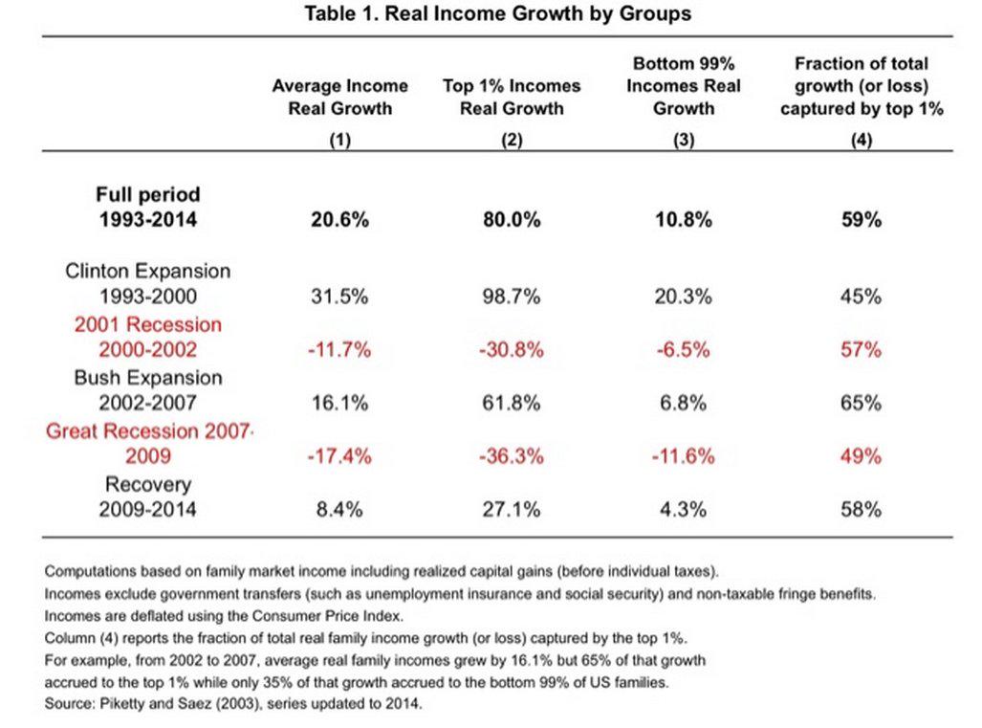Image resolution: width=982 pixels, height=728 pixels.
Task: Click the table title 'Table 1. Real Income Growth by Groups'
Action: [x=498, y=13]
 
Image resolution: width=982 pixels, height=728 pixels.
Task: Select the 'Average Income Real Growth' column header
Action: [x=340, y=98]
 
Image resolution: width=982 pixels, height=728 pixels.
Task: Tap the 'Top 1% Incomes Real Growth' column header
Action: [x=512, y=98]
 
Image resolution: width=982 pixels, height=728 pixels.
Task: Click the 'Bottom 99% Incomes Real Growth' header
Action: [x=684, y=86]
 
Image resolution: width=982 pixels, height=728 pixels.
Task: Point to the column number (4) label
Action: [x=862, y=139]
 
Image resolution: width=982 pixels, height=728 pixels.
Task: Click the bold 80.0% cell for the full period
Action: [x=512, y=220]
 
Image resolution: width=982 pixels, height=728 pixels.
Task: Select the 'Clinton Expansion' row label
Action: [x=148, y=271]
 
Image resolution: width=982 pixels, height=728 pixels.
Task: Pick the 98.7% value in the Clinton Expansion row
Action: [x=512, y=297]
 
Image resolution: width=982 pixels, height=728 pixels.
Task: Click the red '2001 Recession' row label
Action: [x=148, y=324]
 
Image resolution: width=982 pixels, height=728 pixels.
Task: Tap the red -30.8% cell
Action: [x=512, y=349]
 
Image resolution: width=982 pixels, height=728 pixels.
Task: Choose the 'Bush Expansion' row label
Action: [x=148, y=378]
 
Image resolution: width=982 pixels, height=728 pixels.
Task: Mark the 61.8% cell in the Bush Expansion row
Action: [x=512, y=403]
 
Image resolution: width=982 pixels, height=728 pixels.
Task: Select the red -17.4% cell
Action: [x=339, y=456]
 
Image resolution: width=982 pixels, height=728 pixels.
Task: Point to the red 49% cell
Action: [x=862, y=456]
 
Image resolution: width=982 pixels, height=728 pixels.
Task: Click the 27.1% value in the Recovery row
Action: [x=512, y=509]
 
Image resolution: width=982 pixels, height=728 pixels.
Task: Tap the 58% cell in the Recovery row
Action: [x=862, y=509]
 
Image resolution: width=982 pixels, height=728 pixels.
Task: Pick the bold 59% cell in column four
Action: [x=862, y=220]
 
